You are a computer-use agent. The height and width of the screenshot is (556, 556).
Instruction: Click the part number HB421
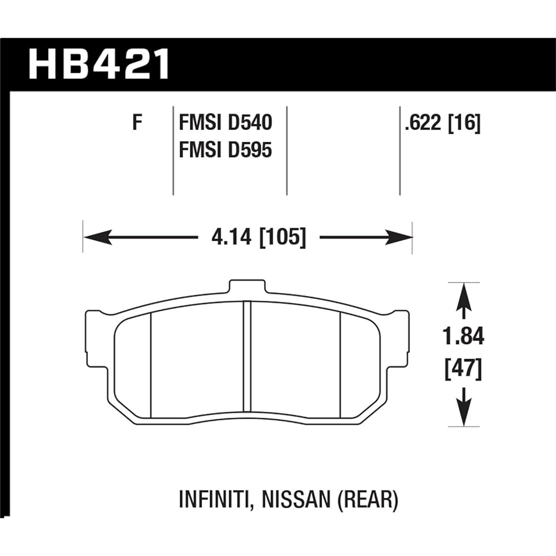pyautogui.click(x=100, y=66)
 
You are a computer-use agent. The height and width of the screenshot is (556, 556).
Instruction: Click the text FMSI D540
pyautogui.click(x=225, y=122)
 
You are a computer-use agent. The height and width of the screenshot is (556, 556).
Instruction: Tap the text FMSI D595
pyautogui.click(x=225, y=150)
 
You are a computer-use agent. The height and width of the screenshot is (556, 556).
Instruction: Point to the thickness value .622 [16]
pyautogui.click(x=443, y=122)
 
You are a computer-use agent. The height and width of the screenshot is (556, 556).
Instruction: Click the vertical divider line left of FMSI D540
pyautogui.click(x=173, y=150)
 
